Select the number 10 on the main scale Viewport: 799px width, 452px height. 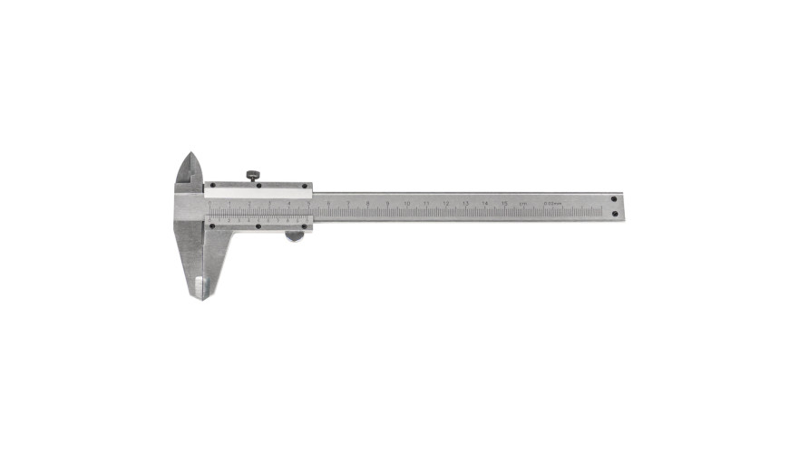[407, 203]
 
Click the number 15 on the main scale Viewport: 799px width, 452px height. [504, 203]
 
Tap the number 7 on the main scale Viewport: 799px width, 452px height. [348, 203]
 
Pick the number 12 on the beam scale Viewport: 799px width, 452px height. [446, 203]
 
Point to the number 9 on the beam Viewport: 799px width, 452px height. [387, 203]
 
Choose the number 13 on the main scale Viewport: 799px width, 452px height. [465, 203]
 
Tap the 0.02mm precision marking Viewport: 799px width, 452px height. [552, 203]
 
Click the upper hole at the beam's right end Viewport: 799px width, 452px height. [614, 198]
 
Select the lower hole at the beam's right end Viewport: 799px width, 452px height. [614, 214]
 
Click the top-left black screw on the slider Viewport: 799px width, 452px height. [211, 187]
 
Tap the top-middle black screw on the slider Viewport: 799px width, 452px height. [258, 187]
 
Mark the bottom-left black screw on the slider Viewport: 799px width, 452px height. [211, 226]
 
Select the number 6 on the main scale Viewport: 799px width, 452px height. [328, 203]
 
